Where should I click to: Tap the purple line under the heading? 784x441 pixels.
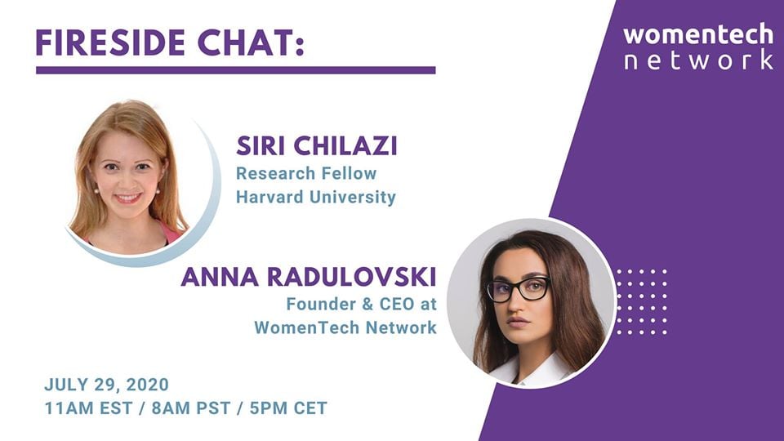tap(235, 70)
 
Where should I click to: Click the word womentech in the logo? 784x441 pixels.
tap(698, 35)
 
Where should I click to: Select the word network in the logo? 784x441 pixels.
tap(699, 60)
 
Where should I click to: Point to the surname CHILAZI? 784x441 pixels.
tap(345, 146)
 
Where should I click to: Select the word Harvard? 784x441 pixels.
tap(269, 197)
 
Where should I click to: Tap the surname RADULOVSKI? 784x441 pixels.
tap(351, 277)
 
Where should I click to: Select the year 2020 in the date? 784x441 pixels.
tap(148, 385)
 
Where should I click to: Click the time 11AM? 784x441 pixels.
tap(69, 408)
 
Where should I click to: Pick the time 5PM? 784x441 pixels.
tap(269, 408)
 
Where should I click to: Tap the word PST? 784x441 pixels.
tap(213, 408)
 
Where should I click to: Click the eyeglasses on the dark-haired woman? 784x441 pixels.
tap(518, 289)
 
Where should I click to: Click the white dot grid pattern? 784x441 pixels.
tap(642, 302)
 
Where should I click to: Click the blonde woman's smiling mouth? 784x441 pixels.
tap(128, 198)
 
